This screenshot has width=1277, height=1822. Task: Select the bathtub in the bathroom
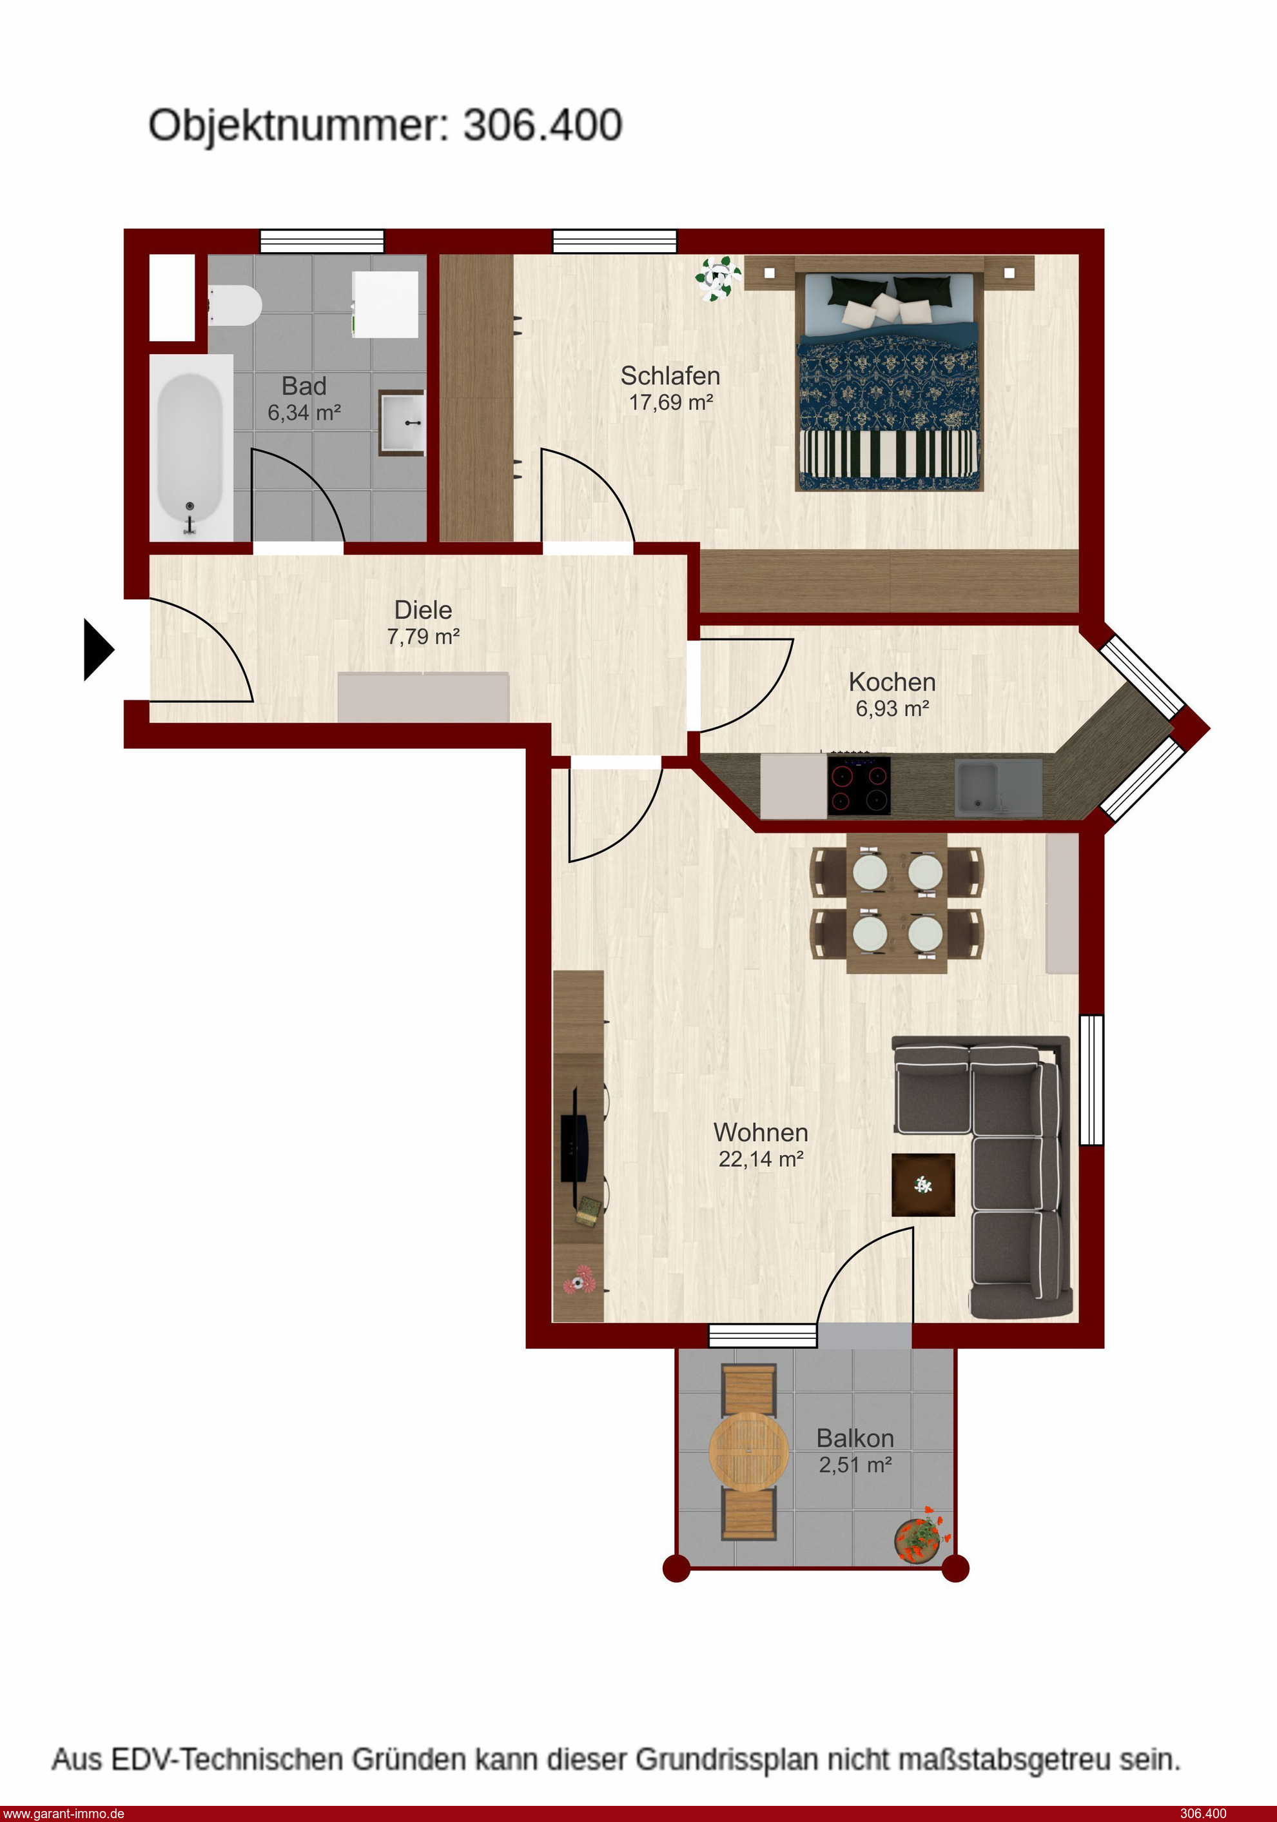tap(190, 448)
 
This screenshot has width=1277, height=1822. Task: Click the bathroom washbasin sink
tap(402, 422)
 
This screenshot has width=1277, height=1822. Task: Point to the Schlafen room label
tap(670, 375)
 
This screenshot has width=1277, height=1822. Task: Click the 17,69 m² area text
tap(671, 402)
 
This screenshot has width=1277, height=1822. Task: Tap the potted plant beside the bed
tap(719, 279)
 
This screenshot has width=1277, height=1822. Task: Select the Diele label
tap(424, 610)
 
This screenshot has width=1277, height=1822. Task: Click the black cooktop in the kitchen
tap(859, 786)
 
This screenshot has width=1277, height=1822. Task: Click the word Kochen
tap(892, 682)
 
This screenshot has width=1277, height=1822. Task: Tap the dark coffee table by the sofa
tap(923, 1185)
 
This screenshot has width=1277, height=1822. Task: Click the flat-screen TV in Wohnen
tap(576, 1147)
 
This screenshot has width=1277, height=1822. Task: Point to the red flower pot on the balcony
tap(922, 1536)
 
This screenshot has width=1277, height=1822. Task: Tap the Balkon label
tap(855, 1439)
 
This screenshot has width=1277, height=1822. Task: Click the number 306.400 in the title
tap(543, 125)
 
